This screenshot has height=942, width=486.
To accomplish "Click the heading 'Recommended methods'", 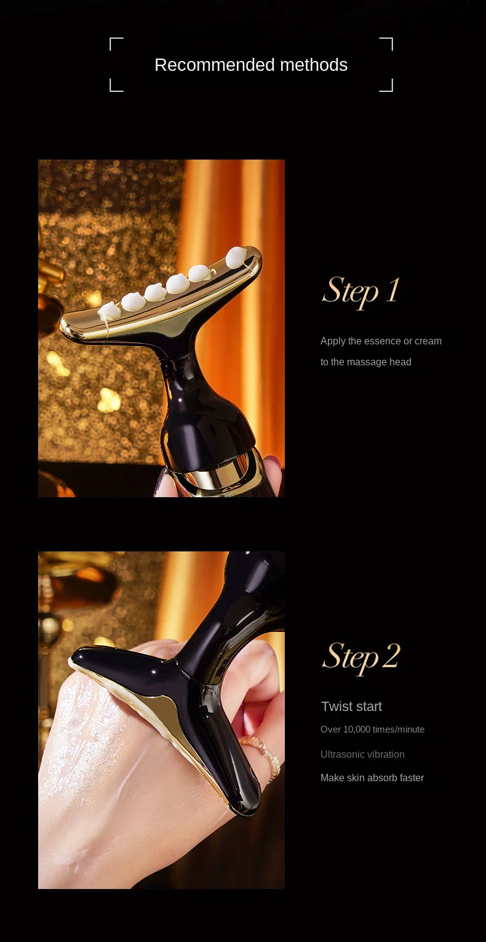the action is point(251,65).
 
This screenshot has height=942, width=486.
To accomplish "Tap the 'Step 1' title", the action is point(361,291).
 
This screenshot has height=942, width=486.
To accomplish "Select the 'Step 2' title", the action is point(361,657).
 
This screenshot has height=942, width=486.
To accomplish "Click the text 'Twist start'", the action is point(351,707).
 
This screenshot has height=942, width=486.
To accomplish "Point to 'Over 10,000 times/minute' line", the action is point(372,729).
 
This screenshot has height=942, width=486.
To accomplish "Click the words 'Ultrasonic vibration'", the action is point(362,755).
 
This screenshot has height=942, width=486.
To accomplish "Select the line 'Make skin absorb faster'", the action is point(372,778).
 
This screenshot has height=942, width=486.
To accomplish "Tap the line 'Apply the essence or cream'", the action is point(381,341).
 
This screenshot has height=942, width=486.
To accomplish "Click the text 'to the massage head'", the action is point(366,362).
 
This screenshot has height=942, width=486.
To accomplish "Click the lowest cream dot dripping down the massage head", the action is point(108,311).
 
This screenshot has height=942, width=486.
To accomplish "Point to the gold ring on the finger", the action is point(260,753).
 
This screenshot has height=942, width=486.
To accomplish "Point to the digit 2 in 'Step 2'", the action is point(391,656).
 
